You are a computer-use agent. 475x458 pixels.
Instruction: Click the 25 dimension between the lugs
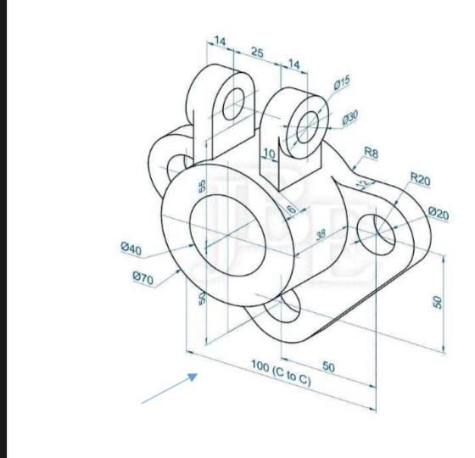256,53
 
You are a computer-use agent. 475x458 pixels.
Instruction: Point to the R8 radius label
371,152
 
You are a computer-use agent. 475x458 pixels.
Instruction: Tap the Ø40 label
131,249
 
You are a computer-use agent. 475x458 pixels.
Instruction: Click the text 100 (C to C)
281,371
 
